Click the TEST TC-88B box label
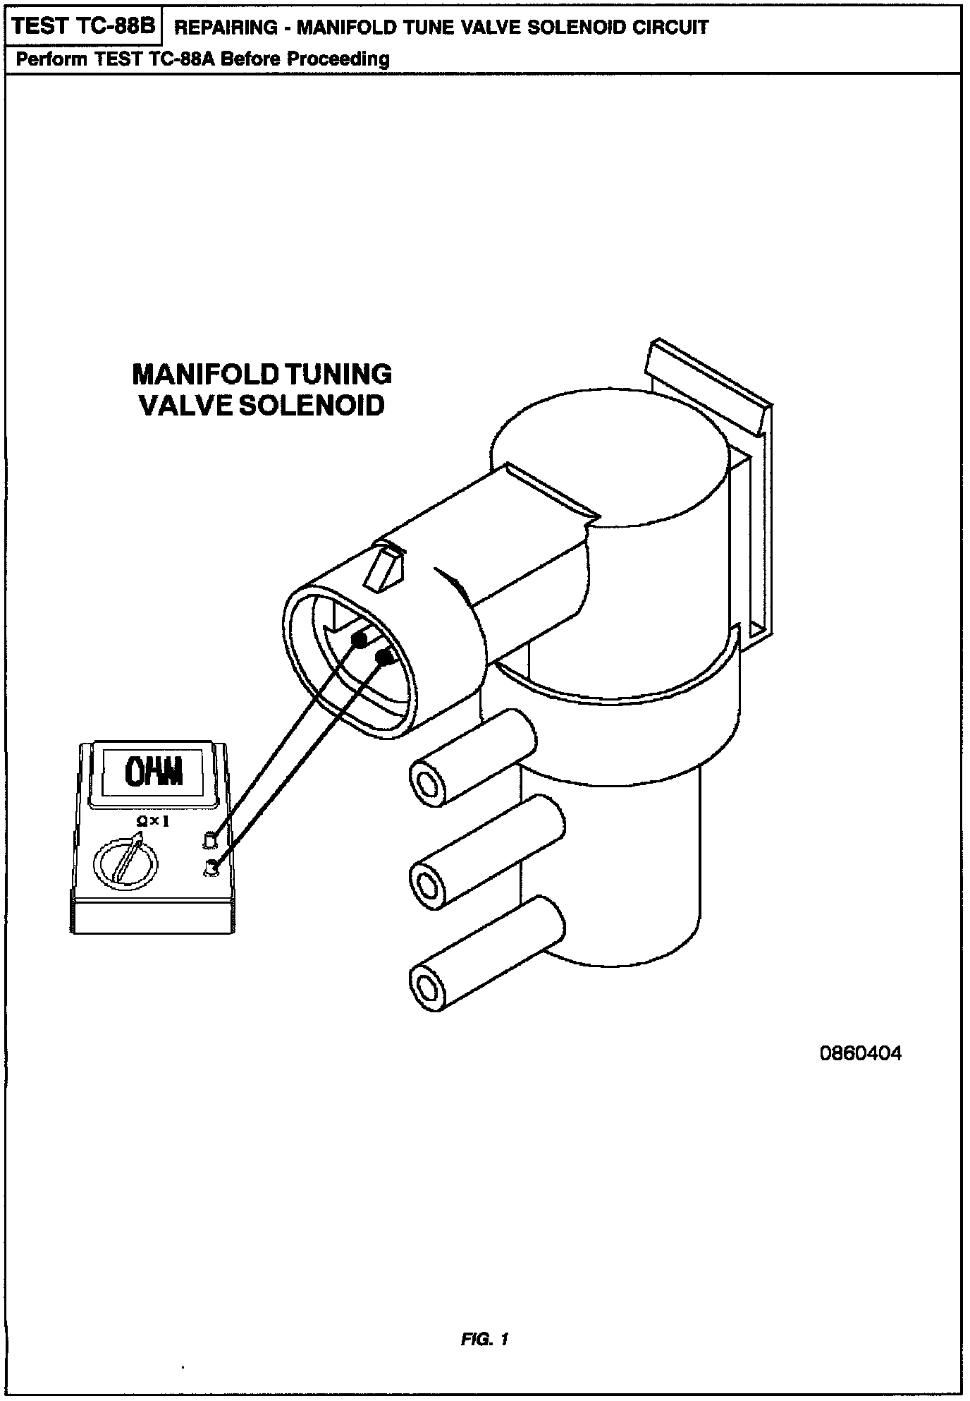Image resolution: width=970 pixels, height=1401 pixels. coord(83,27)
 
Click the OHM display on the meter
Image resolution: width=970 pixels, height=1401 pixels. coord(154,772)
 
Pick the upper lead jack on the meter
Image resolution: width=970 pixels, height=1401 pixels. coord(209,839)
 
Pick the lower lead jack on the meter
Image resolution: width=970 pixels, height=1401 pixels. coord(210,868)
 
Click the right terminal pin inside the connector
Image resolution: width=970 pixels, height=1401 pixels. coord(385,659)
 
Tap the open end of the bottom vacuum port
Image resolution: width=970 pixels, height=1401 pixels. coord(428,983)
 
